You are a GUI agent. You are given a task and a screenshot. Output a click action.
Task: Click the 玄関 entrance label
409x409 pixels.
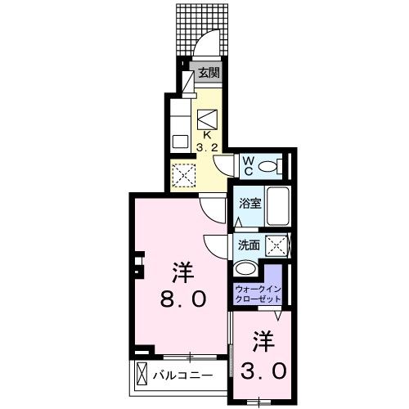pyautogui.click(x=209, y=72)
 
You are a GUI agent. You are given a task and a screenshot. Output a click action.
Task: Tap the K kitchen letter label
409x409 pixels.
pyautogui.click(x=207, y=134)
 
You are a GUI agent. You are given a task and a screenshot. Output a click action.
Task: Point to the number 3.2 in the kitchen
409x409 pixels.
pyautogui.click(x=207, y=149)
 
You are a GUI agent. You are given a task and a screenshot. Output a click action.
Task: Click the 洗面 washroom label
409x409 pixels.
pyautogui.click(x=249, y=245)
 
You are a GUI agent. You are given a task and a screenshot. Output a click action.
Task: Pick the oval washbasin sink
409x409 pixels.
pyautogui.click(x=245, y=269)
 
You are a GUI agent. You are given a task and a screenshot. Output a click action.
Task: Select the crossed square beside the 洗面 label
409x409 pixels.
pyautogui.click(x=278, y=245)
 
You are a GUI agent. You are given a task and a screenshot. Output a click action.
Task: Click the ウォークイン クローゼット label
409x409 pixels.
pyautogui.click(x=258, y=294)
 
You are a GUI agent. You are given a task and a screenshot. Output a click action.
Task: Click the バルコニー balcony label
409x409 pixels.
pyautogui.click(x=184, y=375)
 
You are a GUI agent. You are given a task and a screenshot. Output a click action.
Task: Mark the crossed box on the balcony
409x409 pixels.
pyautogui.click(x=142, y=375)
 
